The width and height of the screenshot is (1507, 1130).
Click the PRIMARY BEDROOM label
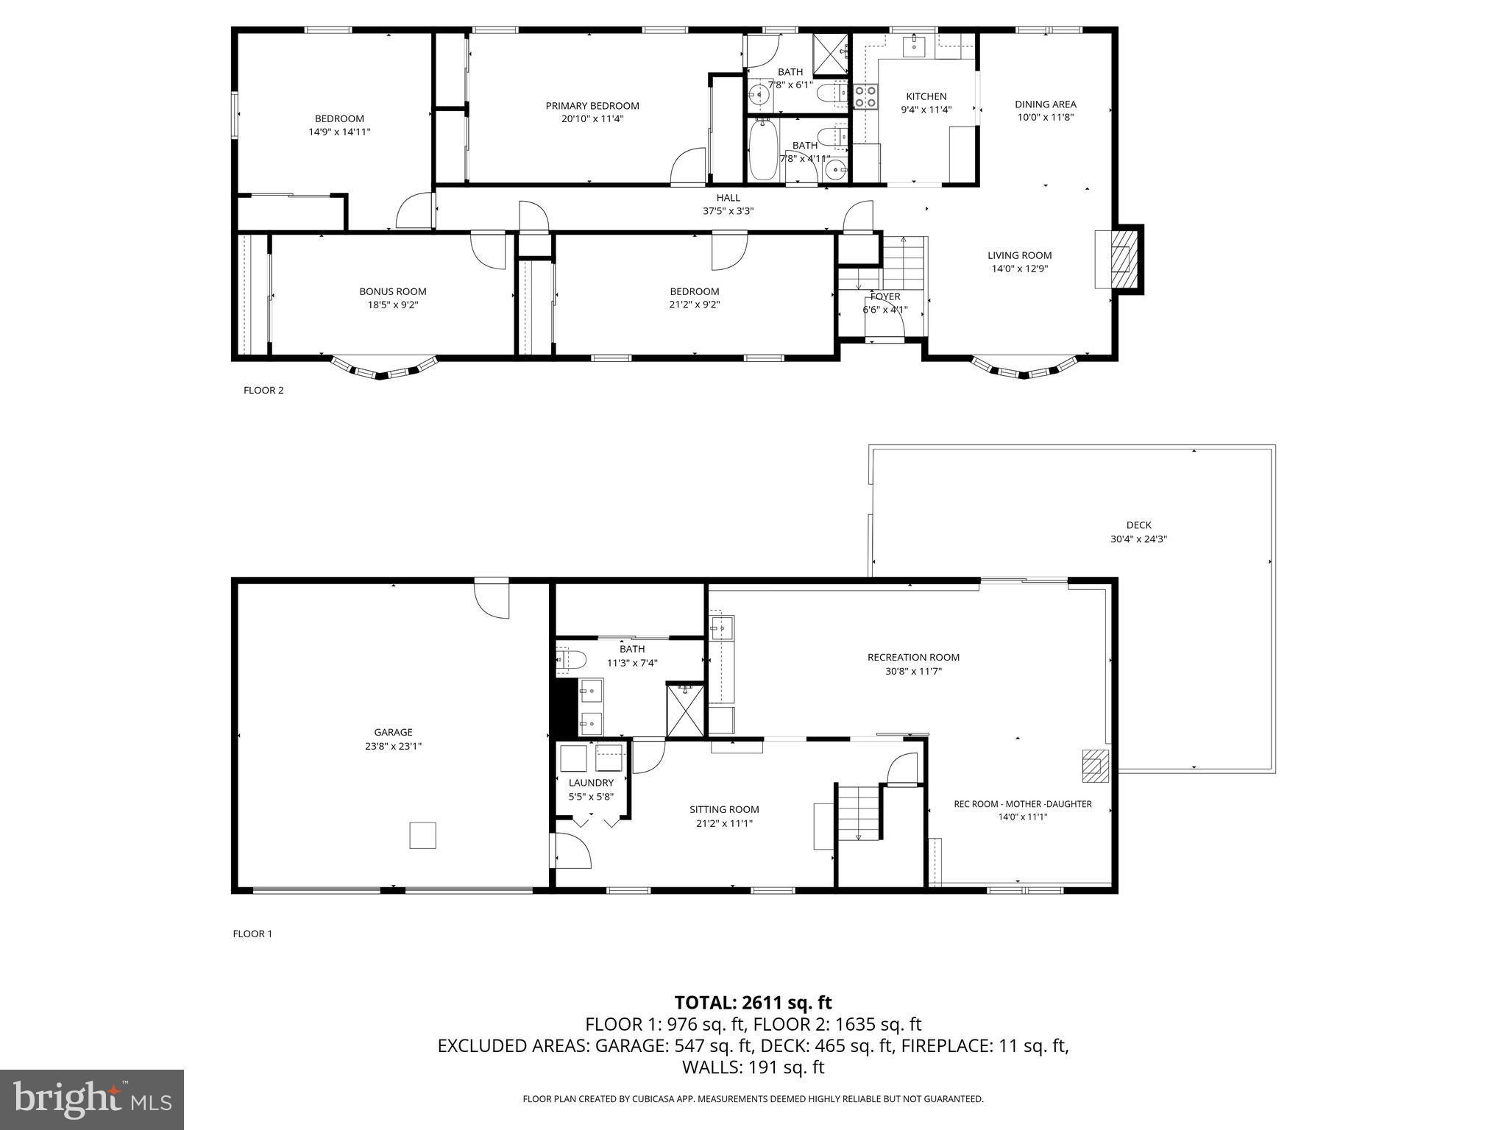pos(592,106)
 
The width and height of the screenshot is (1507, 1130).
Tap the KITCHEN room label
pos(926,96)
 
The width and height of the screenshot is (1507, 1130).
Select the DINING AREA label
pos(1045,104)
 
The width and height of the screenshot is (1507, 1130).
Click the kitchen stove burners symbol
pos(865,96)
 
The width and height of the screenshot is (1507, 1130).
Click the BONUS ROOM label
pos(392,291)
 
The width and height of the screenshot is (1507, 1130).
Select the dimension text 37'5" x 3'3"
pos(728,211)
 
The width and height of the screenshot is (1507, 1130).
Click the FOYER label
pos(884,296)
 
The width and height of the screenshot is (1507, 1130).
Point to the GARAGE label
pos(393,732)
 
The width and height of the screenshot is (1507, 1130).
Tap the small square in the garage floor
pos(422,835)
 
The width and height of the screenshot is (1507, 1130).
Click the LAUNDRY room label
pos(590,783)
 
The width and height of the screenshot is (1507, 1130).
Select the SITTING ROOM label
pos(724,809)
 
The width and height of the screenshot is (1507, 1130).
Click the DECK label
pos(1138,525)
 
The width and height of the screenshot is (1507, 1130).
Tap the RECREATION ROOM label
pos(913,658)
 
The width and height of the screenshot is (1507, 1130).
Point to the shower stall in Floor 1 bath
pos(685,710)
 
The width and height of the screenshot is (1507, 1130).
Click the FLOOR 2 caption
pos(263,391)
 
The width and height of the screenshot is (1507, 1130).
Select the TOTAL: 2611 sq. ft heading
pos(753,1002)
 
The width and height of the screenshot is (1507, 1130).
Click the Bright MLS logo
pos(91,1099)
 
